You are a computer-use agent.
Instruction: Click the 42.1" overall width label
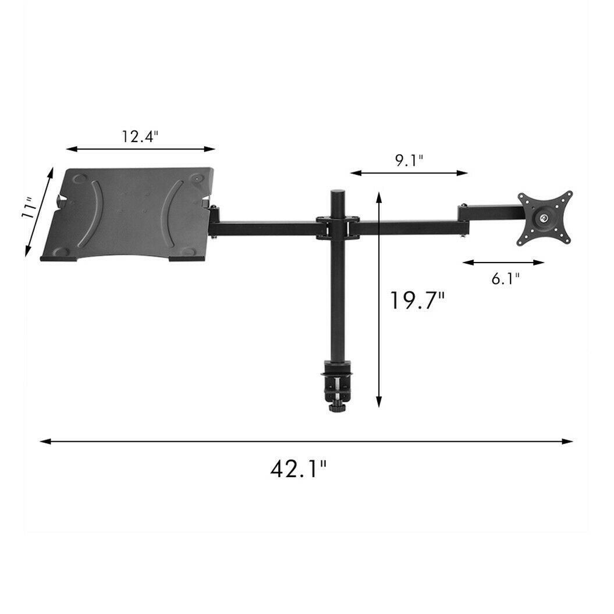click(299, 469)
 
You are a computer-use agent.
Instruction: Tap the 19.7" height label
click(418, 301)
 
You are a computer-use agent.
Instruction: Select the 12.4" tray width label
click(140, 136)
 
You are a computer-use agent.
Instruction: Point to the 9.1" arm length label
click(409, 161)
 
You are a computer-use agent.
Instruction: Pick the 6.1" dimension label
click(506, 279)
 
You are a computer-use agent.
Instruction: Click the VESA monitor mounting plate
click(545, 218)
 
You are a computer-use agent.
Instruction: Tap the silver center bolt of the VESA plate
click(544, 218)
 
